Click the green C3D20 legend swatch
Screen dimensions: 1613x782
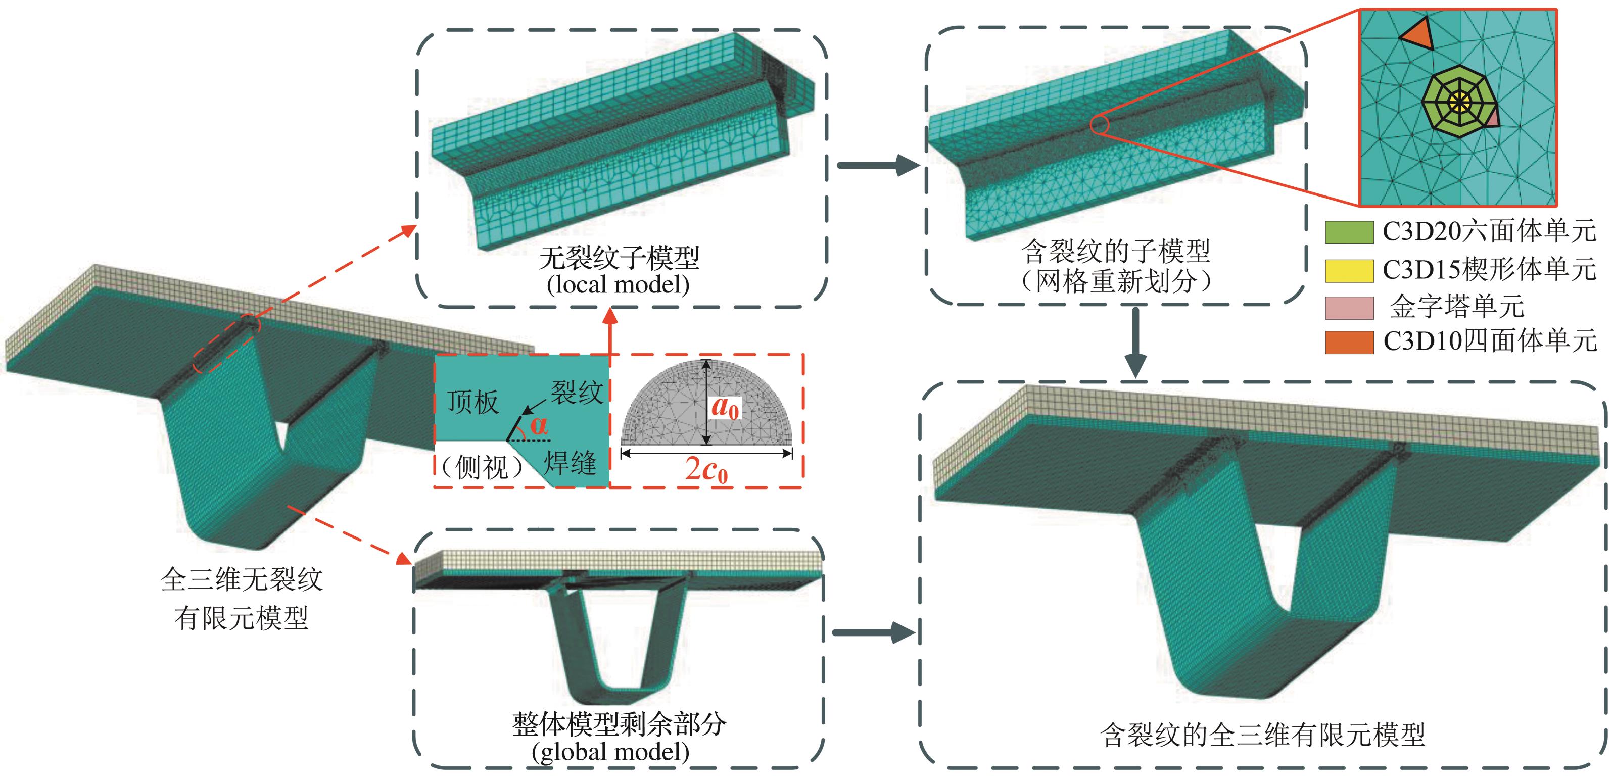pyautogui.click(x=1349, y=232)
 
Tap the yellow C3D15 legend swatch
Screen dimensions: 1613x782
pyautogui.click(x=1349, y=270)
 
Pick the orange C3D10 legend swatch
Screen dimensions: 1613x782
pyautogui.click(x=1349, y=342)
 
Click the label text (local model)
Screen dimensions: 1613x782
pyautogui.click(x=618, y=285)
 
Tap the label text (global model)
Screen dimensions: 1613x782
pyautogui.click(x=610, y=751)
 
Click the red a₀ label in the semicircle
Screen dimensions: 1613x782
pyautogui.click(x=725, y=408)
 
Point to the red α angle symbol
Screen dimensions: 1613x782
pyautogui.click(x=539, y=426)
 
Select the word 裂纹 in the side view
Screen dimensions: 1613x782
pyautogui.click(x=577, y=393)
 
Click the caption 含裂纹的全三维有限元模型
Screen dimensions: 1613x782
pyautogui.click(x=1262, y=735)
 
